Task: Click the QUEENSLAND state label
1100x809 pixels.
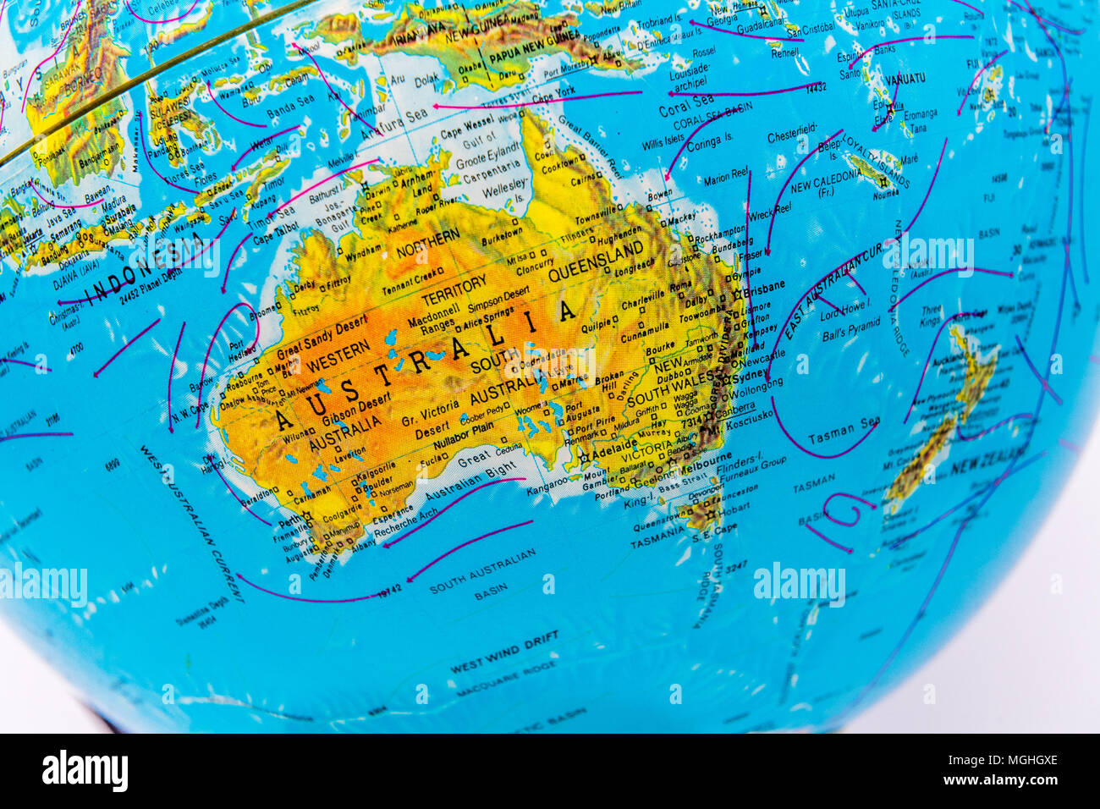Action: (597, 263)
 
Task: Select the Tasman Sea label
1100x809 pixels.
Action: (844, 432)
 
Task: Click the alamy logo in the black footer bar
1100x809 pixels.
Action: (85, 771)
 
